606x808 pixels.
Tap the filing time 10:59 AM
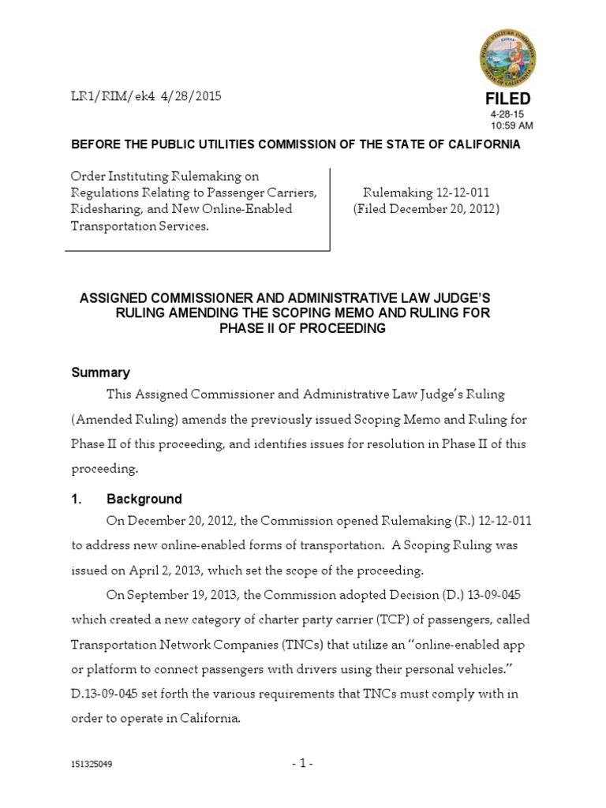pos(511,125)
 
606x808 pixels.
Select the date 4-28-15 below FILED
pos(507,114)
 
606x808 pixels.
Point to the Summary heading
pos(100,372)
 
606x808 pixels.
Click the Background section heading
pos(144,499)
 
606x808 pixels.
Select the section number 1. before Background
pos(77,499)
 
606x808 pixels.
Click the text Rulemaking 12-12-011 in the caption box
pos(425,193)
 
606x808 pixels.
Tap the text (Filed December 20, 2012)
pos(425,209)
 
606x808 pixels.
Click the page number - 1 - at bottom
pos(303,764)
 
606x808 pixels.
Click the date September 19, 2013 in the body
pos(180,596)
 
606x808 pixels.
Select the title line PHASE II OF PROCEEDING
pos(303,329)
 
